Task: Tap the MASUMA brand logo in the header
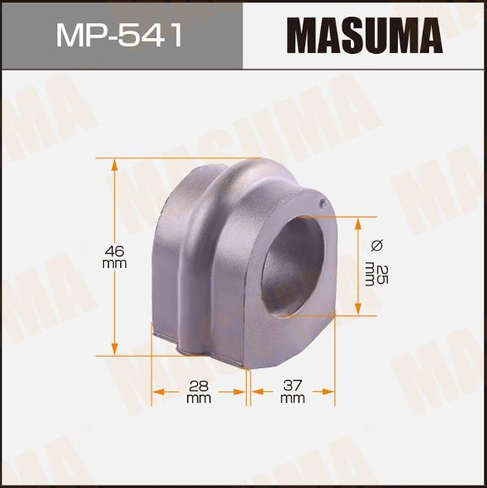(x=364, y=36)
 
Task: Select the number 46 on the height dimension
(x=114, y=250)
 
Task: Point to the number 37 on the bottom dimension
(x=292, y=386)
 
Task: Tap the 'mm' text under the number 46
(x=114, y=263)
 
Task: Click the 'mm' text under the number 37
(x=292, y=398)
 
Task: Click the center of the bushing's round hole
(x=294, y=265)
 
